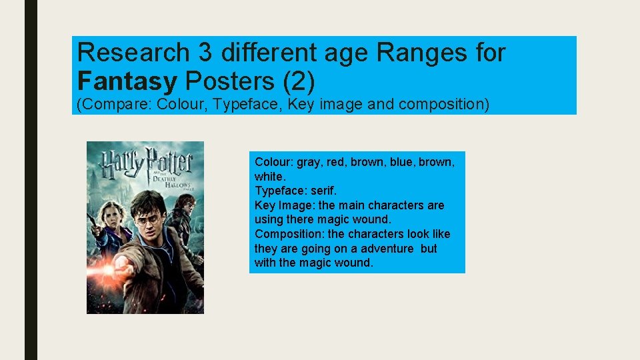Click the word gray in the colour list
pyautogui.click(x=309, y=162)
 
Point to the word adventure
pyautogui.click(x=389, y=248)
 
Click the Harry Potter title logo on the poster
pyautogui.click(x=145, y=162)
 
